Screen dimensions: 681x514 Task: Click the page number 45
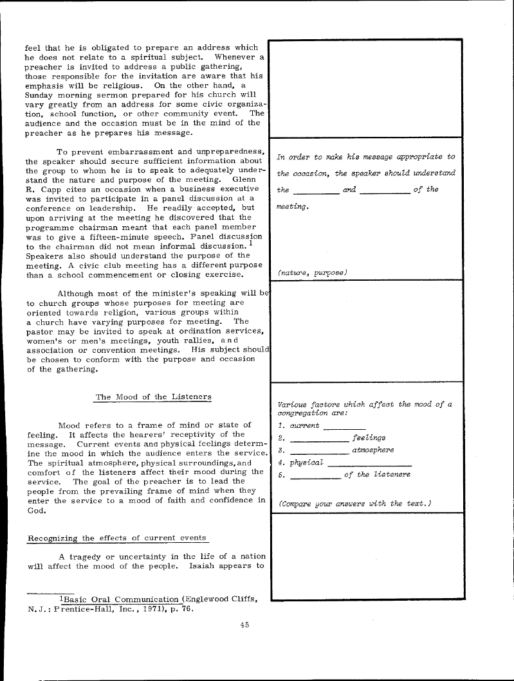pyautogui.click(x=244, y=624)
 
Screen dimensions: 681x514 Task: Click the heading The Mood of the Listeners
pyautogui.click(x=153, y=397)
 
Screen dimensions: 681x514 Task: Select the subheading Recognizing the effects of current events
pyautogui.click(x=118, y=538)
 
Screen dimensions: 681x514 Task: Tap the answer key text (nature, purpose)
pyautogui.click(x=313, y=272)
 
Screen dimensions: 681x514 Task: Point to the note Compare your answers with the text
pyautogui.click(x=354, y=504)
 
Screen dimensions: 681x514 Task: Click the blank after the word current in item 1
pyautogui.click(x=344, y=426)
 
